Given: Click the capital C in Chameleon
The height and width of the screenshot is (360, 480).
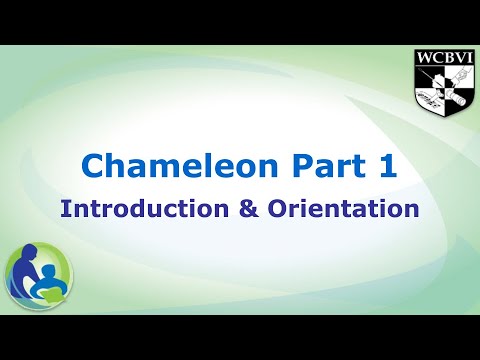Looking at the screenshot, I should click(92, 167).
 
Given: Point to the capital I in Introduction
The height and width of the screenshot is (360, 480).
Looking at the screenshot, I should click(65, 210).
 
